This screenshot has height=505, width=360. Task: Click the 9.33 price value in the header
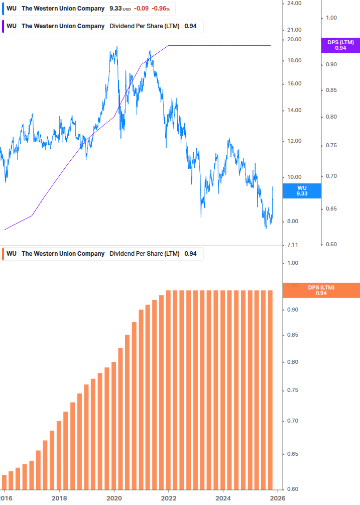coord(115,9)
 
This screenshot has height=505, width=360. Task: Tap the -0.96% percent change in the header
coord(161,9)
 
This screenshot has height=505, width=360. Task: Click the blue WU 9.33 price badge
coord(302,190)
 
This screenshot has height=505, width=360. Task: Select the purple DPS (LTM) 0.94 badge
coord(340,45)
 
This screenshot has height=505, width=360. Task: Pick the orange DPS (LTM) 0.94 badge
coord(321,290)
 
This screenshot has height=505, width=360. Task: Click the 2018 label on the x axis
coord(59,498)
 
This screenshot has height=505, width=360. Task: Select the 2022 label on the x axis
coord(168,498)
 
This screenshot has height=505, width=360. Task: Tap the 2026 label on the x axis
coord(277,498)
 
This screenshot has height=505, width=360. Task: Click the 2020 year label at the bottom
coord(114,498)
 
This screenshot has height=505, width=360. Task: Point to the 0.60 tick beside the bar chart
coord(293,489)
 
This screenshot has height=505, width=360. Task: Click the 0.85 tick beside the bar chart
coord(293,335)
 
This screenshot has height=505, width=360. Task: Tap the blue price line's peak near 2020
coord(116,48)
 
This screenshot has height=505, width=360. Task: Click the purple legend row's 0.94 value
coord(190,26)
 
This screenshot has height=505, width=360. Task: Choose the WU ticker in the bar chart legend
coord(12,254)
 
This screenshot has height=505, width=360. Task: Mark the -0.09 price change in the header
coord(141,9)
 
